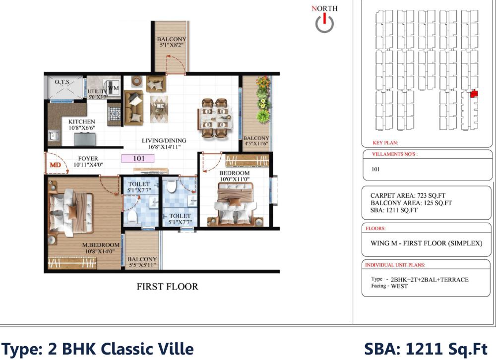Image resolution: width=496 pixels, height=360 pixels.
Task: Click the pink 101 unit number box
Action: point(137,159)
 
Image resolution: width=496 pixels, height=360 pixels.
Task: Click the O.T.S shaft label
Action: point(62,81)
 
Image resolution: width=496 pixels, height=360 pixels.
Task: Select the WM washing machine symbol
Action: point(114,89)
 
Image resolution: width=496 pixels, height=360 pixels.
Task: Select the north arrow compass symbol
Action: point(324,23)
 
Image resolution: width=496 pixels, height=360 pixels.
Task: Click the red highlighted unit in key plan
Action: point(474,93)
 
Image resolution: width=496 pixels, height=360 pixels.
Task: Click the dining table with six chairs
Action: point(215,118)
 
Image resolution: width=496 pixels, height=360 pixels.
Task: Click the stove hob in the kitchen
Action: point(114,113)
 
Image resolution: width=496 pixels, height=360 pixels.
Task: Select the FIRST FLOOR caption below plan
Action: point(167,287)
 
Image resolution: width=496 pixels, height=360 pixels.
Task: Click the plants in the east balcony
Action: point(262,99)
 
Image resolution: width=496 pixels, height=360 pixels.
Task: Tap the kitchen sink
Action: point(53,135)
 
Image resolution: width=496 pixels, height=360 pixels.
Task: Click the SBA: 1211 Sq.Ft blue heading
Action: point(426,349)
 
